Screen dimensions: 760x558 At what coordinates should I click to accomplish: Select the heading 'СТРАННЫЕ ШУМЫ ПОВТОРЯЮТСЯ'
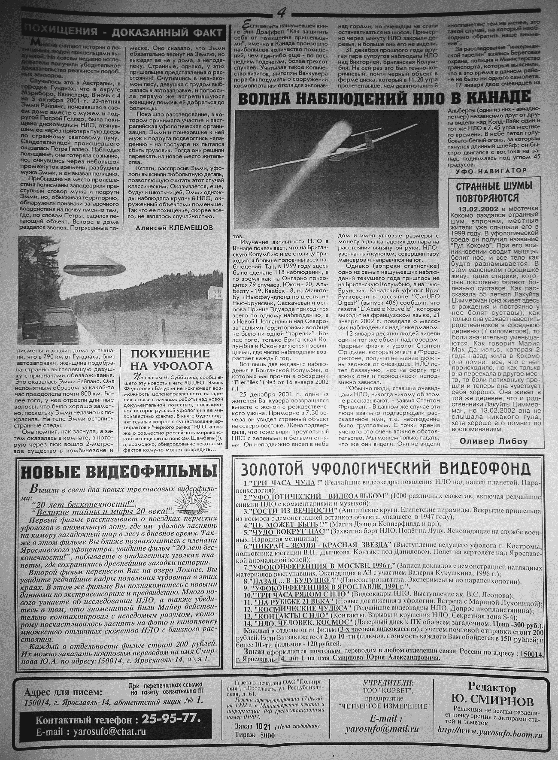point(494,192)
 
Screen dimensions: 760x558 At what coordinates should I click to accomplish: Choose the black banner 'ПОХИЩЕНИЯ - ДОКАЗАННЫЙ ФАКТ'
point(124,32)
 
